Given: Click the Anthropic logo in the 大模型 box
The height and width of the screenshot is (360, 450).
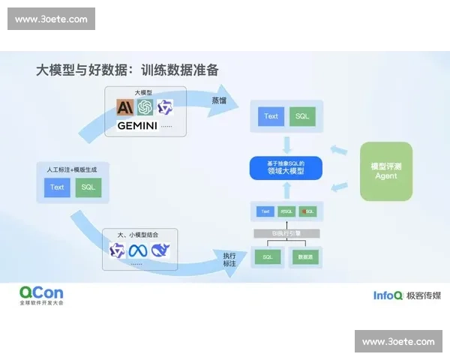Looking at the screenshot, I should (124, 107).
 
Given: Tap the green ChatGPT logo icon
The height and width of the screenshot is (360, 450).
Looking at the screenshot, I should (145, 107).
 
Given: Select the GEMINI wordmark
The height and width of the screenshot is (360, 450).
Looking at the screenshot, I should (137, 126).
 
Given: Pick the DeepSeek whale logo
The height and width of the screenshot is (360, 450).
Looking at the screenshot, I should (160, 251).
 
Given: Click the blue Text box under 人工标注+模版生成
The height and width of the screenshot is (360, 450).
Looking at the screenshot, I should (57, 187).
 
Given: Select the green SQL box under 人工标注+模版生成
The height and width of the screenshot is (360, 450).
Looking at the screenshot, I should (88, 187).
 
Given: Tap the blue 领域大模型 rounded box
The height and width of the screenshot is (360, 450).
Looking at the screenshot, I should (284, 167).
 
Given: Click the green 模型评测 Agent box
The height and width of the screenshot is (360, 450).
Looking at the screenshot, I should (385, 171).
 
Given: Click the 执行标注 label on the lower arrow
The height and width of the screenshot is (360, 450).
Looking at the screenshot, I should (229, 260).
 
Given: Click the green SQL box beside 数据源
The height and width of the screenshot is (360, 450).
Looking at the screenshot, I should (266, 257).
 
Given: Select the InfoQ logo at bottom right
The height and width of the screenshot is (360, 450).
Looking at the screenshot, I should (388, 295).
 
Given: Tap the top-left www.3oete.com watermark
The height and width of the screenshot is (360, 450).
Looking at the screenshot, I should (51, 19).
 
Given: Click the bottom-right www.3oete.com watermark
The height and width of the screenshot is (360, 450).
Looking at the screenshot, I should (398, 341).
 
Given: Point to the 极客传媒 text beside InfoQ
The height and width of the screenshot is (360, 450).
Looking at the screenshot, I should (424, 295).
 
